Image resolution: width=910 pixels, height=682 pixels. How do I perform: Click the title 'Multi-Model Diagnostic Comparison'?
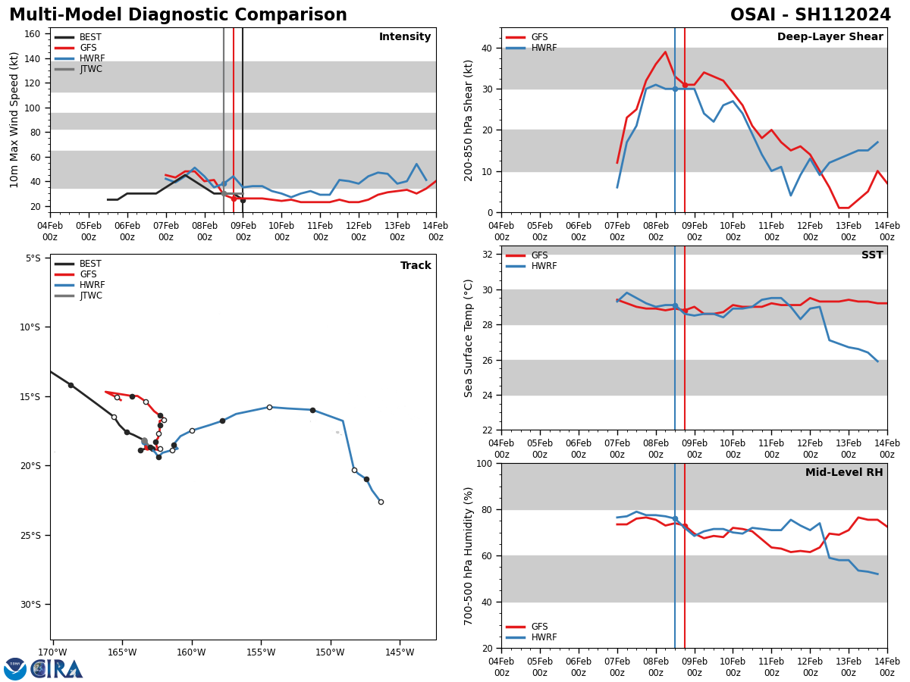click(x=177, y=15)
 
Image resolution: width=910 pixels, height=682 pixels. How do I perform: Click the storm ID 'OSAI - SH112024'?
click(x=810, y=15)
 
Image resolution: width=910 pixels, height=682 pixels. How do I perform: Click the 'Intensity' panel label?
click(x=405, y=37)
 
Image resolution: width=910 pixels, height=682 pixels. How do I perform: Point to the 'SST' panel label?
click(x=872, y=255)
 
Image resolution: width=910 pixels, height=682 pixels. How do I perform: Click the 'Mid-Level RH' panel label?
click(x=844, y=473)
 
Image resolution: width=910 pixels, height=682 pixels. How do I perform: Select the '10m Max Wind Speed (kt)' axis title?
click(x=15, y=120)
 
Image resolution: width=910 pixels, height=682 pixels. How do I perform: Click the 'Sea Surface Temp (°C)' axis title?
click(x=469, y=338)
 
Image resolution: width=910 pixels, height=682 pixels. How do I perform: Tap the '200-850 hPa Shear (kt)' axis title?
click(x=469, y=120)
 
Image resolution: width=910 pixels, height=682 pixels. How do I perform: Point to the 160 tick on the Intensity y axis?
click(x=33, y=34)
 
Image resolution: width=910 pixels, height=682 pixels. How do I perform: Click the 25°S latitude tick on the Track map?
click(x=33, y=535)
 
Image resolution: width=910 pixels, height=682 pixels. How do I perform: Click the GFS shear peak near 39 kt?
click(x=665, y=52)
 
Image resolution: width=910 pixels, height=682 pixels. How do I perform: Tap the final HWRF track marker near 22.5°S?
click(x=381, y=502)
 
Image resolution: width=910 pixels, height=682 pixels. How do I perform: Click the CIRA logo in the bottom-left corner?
click(x=43, y=668)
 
